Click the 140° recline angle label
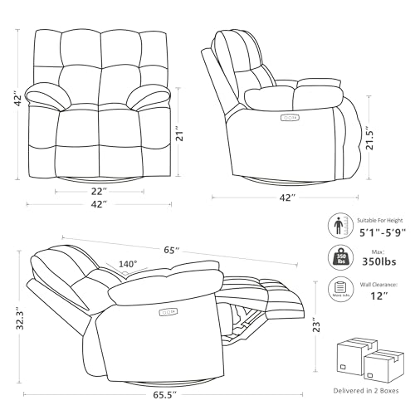click(x=128, y=265)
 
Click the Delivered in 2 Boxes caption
click(x=365, y=390)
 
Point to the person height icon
click(x=339, y=225)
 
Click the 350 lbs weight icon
click(x=339, y=256)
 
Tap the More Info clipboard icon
click(x=339, y=290)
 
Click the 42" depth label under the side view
click(x=287, y=198)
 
